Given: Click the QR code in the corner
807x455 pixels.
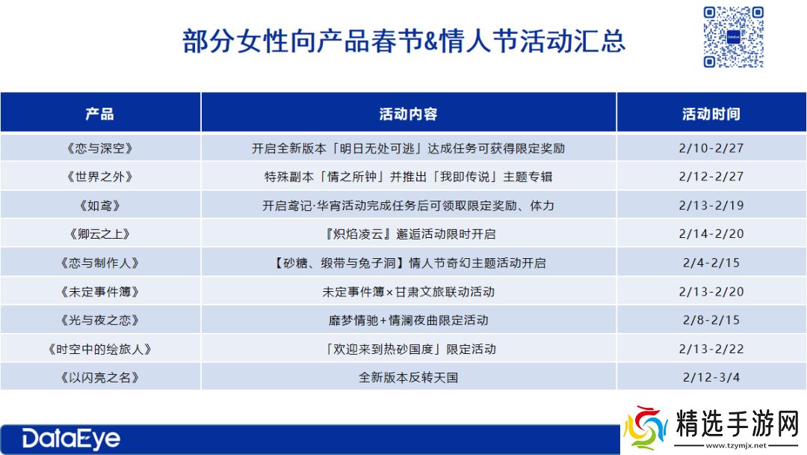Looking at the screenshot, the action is tap(733, 37).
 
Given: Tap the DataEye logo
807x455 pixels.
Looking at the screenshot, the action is tap(71, 439).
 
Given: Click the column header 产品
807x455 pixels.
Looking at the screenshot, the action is tap(100, 114).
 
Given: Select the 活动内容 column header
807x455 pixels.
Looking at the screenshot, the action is tap(408, 114).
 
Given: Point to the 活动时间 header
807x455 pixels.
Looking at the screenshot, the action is tap(711, 114).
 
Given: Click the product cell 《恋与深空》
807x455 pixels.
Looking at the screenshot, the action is tap(100, 148).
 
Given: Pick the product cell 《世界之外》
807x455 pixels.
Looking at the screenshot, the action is tap(100, 177).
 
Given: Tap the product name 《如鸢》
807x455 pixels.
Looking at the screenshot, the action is tap(100, 206).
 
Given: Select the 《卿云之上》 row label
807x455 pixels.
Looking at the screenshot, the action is tap(100, 234).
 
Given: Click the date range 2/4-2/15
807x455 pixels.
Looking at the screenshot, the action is tap(711, 263).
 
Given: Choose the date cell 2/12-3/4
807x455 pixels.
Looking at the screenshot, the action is tap(711, 377).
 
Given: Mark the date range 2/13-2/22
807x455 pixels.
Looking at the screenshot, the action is tap(711, 349).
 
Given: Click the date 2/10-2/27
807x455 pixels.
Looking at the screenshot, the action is tap(711, 148).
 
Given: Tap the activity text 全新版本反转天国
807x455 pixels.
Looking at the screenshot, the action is tap(408, 377).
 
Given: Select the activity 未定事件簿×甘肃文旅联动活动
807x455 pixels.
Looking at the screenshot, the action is tap(408, 292).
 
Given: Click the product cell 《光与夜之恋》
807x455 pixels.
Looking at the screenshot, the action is tap(100, 320).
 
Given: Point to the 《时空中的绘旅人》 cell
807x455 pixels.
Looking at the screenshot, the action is tap(100, 349).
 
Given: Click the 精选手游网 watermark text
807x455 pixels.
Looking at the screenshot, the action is tap(737, 424).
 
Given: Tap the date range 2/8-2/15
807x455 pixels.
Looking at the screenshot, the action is tap(711, 320).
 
